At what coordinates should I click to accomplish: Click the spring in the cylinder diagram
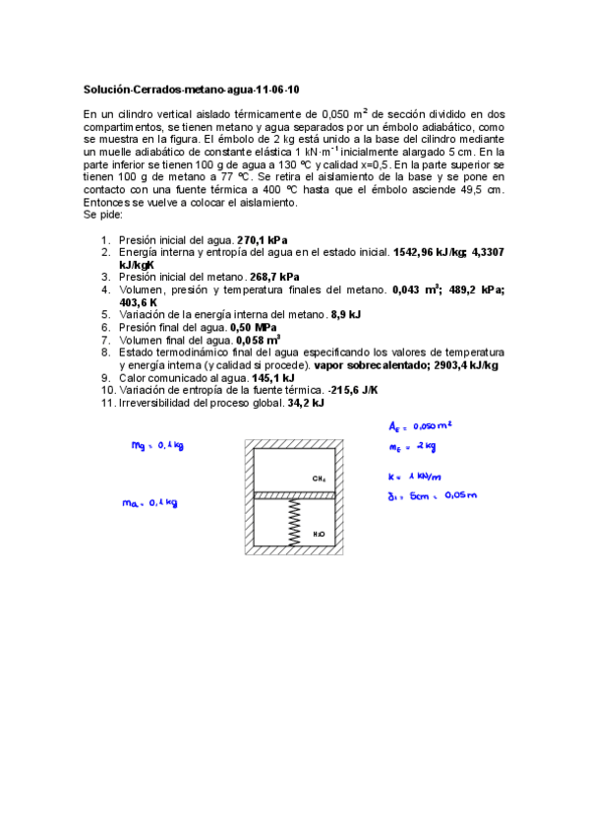click(x=294, y=521)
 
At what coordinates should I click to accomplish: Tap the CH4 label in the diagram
click(x=319, y=479)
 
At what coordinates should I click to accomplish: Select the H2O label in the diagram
click(x=319, y=534)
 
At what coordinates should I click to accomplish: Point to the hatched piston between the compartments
click(x=294, y=494)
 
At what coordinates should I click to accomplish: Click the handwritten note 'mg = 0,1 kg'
click(x=158, y=445)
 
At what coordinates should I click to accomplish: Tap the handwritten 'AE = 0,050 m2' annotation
click(x=422, y=426)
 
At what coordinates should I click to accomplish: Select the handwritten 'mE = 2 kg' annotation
click(x=410, y=447)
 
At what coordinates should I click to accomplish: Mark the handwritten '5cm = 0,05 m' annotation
click(x=432, y=495)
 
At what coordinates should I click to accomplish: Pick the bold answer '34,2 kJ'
click(x=306, y=402)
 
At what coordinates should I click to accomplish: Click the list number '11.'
click(x=106, y=402)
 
